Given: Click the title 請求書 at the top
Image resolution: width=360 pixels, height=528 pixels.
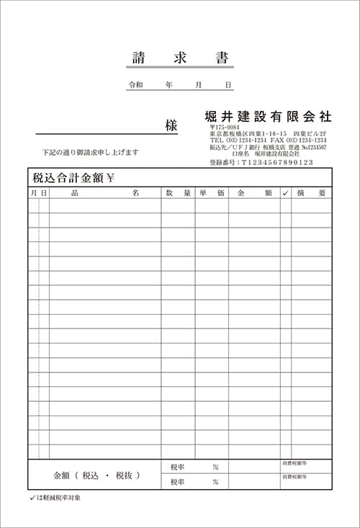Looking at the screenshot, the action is tap(180, 58).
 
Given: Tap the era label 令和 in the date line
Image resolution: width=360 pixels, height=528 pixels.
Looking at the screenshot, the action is tap(135, 85).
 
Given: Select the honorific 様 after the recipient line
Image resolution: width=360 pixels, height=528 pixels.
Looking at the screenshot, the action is tap(171, 125).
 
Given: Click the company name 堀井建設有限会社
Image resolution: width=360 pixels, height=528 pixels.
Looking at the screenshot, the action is tap(268, 116).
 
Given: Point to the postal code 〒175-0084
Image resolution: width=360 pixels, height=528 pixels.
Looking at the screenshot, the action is tap(225, 127).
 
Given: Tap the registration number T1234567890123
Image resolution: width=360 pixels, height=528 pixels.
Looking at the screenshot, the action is tap(277, 163).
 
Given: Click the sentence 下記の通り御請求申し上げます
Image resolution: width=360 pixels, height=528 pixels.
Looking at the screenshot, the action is tap(90, 153).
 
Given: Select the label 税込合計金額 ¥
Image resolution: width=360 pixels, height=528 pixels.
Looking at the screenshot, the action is tap(73, 178).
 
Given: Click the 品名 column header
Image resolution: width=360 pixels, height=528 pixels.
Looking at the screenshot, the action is tap(105, 193).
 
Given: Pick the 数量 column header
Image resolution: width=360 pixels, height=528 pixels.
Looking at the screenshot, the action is tap(178, 193).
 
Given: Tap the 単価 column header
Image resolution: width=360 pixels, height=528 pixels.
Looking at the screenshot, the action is tap(212, 193).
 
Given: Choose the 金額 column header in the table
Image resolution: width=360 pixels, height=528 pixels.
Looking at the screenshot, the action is tap(254, 193).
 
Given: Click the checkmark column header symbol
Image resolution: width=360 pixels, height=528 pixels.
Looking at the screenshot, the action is tap(286, 193).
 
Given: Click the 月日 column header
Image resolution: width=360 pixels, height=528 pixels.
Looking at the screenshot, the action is tap(39, 193).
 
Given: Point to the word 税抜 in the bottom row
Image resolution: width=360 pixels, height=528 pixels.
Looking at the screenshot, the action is tap(126, 475).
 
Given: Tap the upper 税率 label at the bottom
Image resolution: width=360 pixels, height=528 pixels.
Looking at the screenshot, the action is tap(177, 467).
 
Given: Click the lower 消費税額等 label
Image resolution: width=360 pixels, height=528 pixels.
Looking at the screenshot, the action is tap(294, 477).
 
